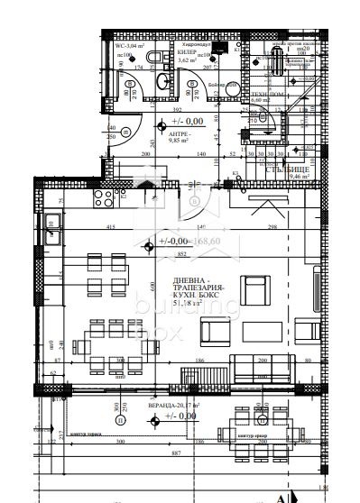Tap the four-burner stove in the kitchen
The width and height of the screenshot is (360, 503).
coord(99,197)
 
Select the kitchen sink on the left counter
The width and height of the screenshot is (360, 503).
coord(51,222)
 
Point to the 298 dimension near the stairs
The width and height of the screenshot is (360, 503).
coord(271,226)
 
